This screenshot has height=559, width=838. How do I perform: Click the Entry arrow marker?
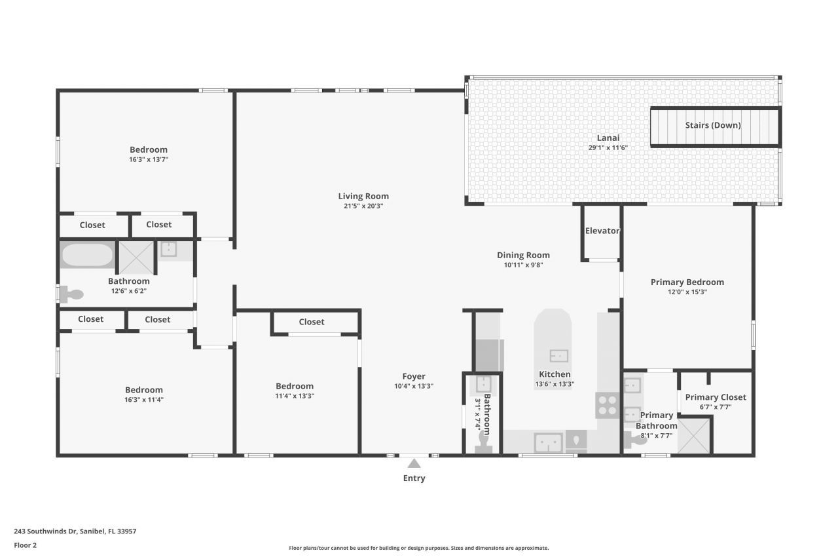click(414, 463)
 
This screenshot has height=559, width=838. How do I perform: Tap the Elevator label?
click(602, 231)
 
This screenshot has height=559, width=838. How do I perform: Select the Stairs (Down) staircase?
click(714, 126)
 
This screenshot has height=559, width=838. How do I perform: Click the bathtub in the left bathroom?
click(87, 255)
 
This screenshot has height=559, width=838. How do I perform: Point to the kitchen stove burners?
click(607, 405)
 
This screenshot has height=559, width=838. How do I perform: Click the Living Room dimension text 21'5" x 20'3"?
click(363, 206)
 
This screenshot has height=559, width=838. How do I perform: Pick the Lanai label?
click(608, 138)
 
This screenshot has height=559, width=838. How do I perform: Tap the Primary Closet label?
click(716, 397)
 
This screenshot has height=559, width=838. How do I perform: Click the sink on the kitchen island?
click(558, 356)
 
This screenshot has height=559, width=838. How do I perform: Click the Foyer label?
click(414, 376)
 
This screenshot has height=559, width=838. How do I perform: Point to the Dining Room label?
click(523, 255)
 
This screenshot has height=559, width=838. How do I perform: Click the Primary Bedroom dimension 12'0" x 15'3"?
click(687, 292)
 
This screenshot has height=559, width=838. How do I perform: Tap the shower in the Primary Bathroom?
click(693, 436)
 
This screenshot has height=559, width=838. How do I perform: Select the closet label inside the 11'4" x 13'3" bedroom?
click(312, 322)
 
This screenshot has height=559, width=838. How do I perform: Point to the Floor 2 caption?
click(25, 545)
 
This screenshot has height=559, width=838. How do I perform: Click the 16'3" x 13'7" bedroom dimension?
click(149, 159)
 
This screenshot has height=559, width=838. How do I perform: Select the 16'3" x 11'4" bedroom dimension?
click(144, 399)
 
